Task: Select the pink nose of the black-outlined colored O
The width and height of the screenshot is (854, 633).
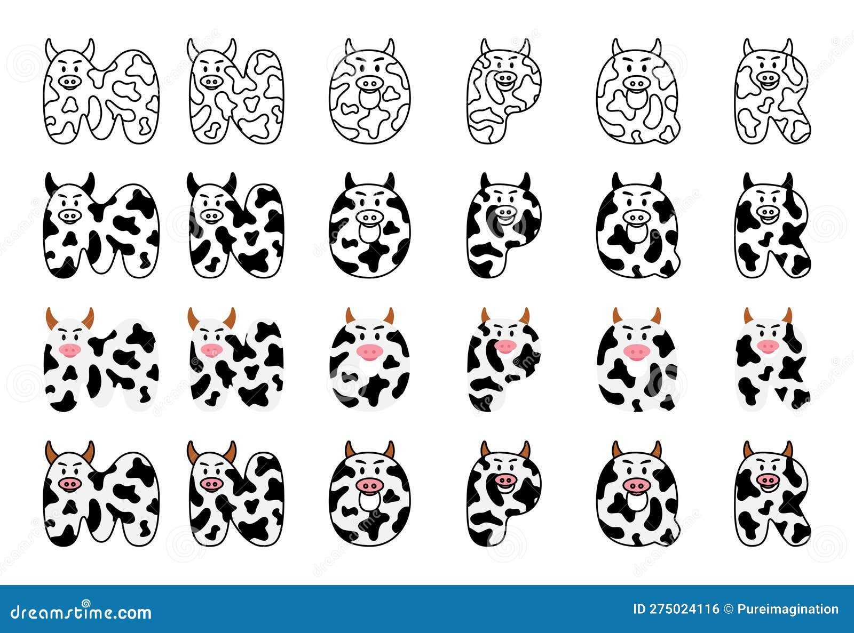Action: click(369, 485)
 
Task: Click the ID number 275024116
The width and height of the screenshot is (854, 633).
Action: click(676, 609)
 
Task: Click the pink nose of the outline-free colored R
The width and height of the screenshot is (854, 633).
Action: click(768, 346)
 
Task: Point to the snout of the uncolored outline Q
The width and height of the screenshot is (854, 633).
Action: click(636, 83)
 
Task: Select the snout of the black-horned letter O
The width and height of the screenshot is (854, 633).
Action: click(369, 217)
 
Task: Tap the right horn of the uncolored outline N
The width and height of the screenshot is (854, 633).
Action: click(231, 49)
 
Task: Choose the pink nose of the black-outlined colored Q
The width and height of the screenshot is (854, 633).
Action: click(636, 485)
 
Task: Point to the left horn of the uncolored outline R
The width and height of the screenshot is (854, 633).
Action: click(748, 47)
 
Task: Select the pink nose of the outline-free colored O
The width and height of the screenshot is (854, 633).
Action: click(369, 351)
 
